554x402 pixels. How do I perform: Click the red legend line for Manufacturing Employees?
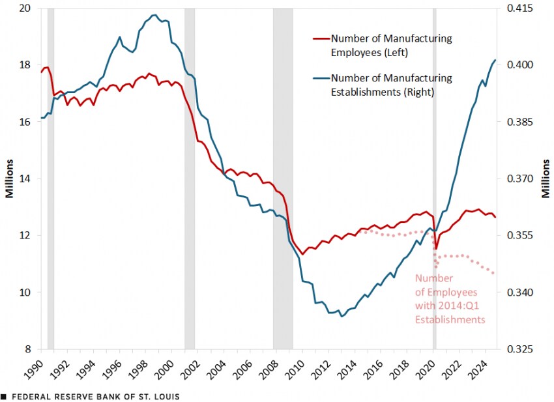(x=321, y=39)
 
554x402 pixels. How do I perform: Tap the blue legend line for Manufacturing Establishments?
(x=321, y=78)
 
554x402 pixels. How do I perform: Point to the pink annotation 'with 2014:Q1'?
(x=445, y=306)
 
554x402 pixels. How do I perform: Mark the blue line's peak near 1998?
(x=154, y=14)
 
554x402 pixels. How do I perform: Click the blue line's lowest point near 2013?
(x=341, y=317)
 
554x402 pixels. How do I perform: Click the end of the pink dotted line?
(x=493, y=274)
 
